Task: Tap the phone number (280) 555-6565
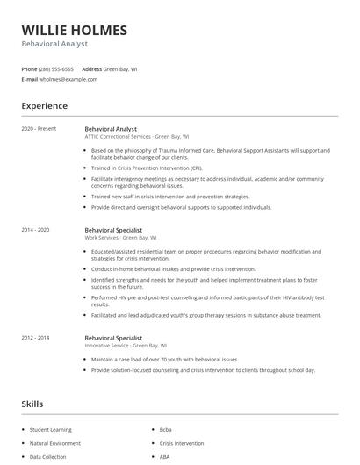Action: click(57, 68)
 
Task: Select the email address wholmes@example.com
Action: click(68, 79)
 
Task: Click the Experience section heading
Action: click(45, 106)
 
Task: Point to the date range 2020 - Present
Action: click(39, 129)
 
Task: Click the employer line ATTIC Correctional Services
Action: click(136, 137)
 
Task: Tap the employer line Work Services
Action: click(121, 237)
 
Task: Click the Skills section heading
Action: click(32, 404)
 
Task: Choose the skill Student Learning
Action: click(51, 429)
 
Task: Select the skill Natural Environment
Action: click(55, 443)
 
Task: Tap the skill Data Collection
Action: click(47, 457)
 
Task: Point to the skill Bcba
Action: click(166, 429)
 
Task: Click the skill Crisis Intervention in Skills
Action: click(183, 443)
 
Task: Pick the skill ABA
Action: click(165, 457)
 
